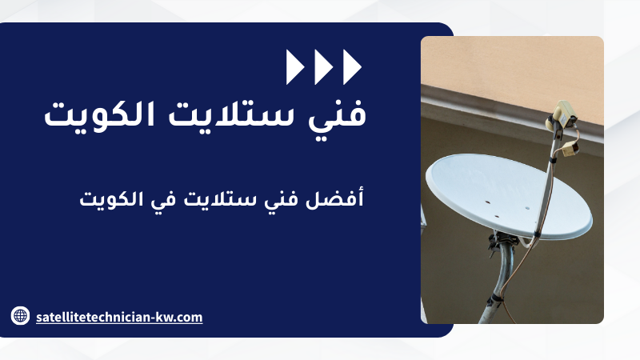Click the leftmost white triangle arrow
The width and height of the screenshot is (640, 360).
pos(294,67)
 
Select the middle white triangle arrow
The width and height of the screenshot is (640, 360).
pos(323,67)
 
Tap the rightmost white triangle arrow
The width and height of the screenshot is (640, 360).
pos(352,67)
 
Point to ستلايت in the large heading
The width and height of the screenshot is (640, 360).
pos(231,114)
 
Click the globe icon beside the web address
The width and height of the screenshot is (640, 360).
pos(20,315)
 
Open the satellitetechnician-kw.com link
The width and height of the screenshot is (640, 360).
pos(119,317)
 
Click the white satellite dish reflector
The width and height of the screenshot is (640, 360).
pos(509,196)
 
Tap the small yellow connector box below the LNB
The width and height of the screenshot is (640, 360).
pos(570,150)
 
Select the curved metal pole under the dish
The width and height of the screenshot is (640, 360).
pos(498,282)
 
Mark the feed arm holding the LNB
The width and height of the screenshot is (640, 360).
pos(547,179)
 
